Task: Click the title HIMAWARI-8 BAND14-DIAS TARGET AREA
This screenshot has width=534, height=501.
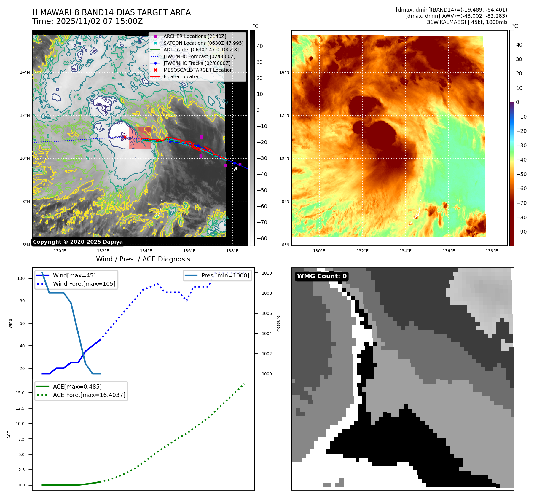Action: pyautogui.click(x=111, y=12)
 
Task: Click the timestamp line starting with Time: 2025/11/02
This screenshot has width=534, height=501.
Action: pyautogui.click(x=87, y=21)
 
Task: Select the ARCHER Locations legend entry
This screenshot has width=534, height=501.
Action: pyautogui.click(x=195, y=36)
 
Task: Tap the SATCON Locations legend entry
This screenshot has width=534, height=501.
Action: pyautogui.click(x=203, y=43)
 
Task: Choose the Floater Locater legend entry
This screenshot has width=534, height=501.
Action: pyautogui.click(x=181, y=76)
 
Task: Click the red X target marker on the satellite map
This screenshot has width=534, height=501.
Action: pyautogui.click(x=125, y=137)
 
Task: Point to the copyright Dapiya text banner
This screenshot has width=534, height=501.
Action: pyautogui.click(x=78, y=242)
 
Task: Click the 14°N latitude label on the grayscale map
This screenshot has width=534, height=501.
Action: pyautogui.click(x=25, y=72)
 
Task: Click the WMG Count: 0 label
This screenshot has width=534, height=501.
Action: pyautogui.click(x=322, y=276)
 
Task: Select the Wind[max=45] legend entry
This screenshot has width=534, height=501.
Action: pyautogui.click(x=74, y=275)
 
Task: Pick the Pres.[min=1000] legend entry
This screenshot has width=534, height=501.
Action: pyautogui.click(x=225, y=275)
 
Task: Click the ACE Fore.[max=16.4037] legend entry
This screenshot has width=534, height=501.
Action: pyautogui.click(x=89, y=395)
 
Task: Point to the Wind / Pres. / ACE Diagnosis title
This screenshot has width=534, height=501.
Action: pyautogui.click(x=143, y=259)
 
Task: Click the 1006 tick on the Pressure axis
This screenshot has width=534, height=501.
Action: pyautogui.click(x=267, y=313)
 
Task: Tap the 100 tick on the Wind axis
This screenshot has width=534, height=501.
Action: pyautogui.click(x=21, y=278)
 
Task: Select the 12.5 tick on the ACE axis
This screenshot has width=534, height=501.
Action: pyautogui.click(x=20, y=408)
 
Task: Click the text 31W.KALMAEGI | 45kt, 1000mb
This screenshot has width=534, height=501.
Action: pyautogui.click(x=467, y=22)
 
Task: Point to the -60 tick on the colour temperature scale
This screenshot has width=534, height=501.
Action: pyautogui.click(x=521, y=189)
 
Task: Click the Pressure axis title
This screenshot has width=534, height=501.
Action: pyautogui.click(x=278, y=324)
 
